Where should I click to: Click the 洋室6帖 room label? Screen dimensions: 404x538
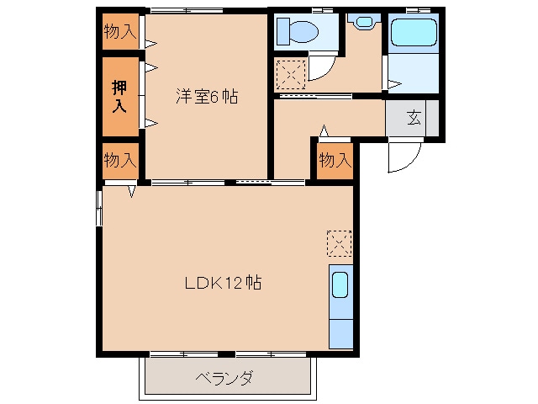[206, 97]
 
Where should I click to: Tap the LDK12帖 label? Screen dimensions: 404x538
[223, 283]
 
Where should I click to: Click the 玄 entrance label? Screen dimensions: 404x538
[414, 118]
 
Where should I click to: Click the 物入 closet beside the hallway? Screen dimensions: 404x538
[335, 160]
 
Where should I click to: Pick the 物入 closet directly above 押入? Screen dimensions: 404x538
[120, 32]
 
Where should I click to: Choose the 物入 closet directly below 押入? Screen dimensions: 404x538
[120, 160]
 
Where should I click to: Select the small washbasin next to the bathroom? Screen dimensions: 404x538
[364, 22]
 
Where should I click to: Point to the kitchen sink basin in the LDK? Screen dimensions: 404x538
[340, 285]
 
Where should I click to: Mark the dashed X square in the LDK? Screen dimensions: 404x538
[338, 244]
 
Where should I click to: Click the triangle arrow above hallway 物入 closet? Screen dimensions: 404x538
[324, 130]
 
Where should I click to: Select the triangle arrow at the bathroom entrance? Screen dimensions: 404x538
[393, 82]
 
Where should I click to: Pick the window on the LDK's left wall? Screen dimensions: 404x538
[99, 207]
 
